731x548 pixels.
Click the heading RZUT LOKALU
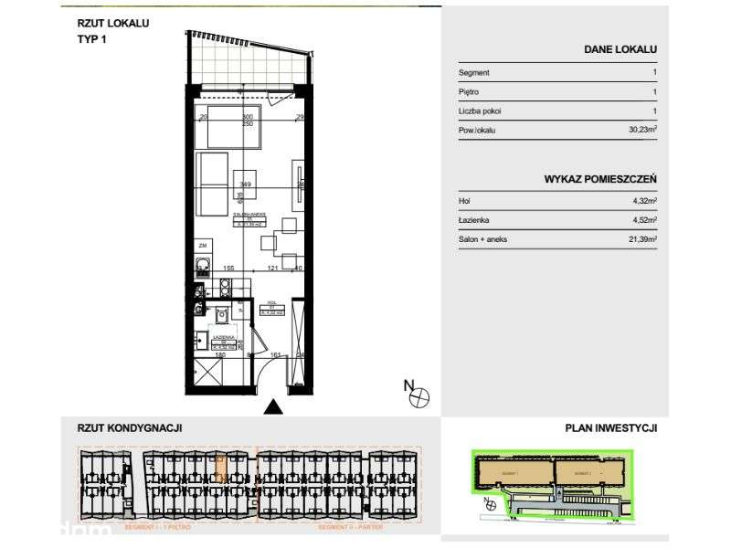coord(113,23)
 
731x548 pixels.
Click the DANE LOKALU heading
coord(620,50)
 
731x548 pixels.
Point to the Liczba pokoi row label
coord(480,111)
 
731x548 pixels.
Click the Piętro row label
coord(469,92)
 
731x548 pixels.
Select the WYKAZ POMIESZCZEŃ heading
coord(600,180)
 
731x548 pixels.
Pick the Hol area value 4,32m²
coord(643,201)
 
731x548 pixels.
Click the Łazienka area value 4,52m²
coord(643,220)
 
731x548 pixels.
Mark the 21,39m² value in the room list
coord(641,239)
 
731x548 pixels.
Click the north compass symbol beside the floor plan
coord(418,395)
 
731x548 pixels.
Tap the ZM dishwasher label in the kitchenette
coord(202,247)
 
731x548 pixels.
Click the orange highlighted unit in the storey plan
coord(219,469)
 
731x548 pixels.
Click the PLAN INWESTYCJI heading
coord(610,427)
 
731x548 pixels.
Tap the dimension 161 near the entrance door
coord(276,355)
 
